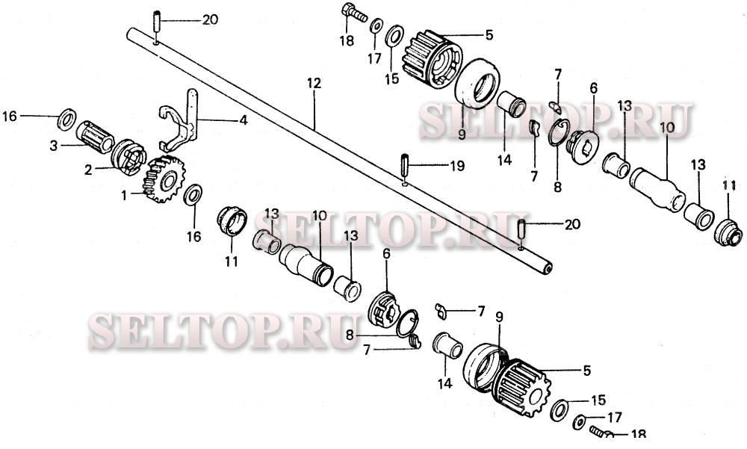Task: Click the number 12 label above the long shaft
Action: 314,84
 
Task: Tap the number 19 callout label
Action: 457,166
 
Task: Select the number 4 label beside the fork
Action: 243,120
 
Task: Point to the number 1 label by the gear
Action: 124,195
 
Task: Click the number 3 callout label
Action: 53,146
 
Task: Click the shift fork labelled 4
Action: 179,120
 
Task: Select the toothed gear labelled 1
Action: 164,179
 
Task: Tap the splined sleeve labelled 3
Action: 94,135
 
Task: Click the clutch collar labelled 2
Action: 128,156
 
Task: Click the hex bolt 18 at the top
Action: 354,13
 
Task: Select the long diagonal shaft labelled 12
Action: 339,152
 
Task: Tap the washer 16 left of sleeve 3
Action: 66,120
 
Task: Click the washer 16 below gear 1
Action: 193,194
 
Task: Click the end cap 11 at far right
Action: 728,232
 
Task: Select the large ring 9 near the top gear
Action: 477,84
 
